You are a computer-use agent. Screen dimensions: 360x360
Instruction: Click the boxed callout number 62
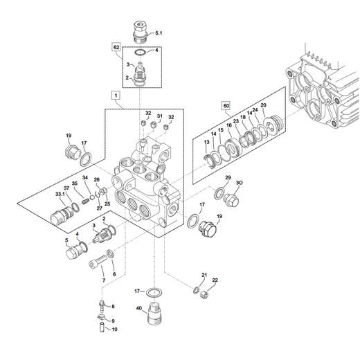click(x=116, y=47)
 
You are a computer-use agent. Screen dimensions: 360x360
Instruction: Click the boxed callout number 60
click(x=226, y=106)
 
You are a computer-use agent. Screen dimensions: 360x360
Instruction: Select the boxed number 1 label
click(x=116, y=96)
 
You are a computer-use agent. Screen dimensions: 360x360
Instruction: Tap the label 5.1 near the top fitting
click(x=159, y=33)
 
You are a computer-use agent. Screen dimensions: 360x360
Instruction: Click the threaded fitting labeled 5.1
click(x=140, y=32)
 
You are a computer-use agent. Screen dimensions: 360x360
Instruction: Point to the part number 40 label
click(x=138, y=308)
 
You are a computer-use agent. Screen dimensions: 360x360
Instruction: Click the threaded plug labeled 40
click(x=154, y=313)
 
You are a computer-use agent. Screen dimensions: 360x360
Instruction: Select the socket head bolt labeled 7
click(x=98, y=262)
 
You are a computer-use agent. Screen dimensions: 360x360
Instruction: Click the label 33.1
click(x=60, y=194)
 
